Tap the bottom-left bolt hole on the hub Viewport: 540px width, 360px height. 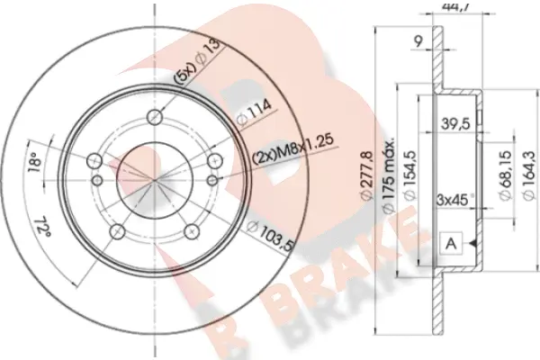(x=118, y=231)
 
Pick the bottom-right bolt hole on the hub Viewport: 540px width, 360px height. (x=192, y=231)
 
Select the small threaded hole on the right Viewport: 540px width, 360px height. (x=216, y=160)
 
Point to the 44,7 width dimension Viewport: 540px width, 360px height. (x=436, y=7)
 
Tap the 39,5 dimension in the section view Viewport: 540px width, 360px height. (x=454, y=123)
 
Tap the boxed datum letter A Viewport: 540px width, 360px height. (x=451, y=243)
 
